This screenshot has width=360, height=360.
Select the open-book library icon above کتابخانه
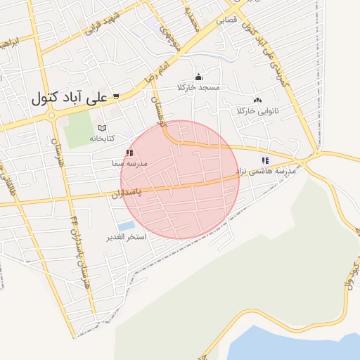click(x=102, y=128)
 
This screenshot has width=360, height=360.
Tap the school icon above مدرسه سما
click(x=129, y=152)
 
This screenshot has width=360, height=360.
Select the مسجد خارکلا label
click(x=199, y=87)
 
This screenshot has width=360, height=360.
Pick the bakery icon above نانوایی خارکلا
click(x=258, y=101)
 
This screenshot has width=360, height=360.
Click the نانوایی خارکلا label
click(x=258, y=111)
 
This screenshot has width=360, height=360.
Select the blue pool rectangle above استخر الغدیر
click(x=127, y=226)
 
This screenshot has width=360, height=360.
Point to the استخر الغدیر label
click(x=126, y=237)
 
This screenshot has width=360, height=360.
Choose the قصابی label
click(x=216, y=21)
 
